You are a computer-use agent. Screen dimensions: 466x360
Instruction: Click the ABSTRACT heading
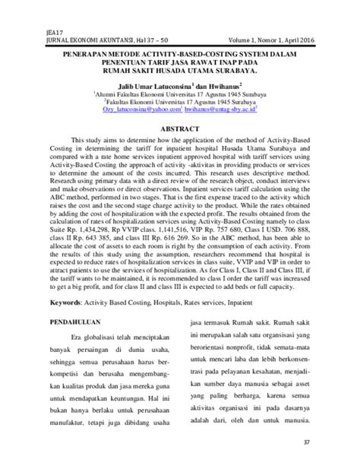tap(179, 129)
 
